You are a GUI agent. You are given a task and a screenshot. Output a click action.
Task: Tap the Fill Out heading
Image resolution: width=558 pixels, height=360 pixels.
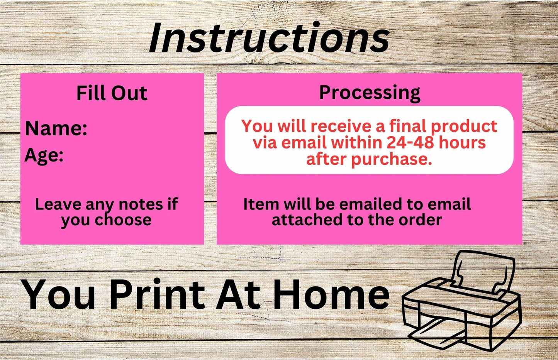pyautogui.click(x=112, y=93)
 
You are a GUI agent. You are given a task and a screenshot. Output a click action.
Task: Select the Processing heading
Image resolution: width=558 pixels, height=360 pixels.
pyautogui.click(x=370, y=93)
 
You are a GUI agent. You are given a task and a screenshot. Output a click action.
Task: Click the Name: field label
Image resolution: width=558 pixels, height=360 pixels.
pyautogui.click(x=56, y=128)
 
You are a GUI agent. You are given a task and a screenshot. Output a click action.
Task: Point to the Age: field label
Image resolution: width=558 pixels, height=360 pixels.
pyautogui.click(x=44, y=155)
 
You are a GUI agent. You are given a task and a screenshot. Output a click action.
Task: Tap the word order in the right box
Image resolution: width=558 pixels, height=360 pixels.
pyautogui.click(x=420, y=220)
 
